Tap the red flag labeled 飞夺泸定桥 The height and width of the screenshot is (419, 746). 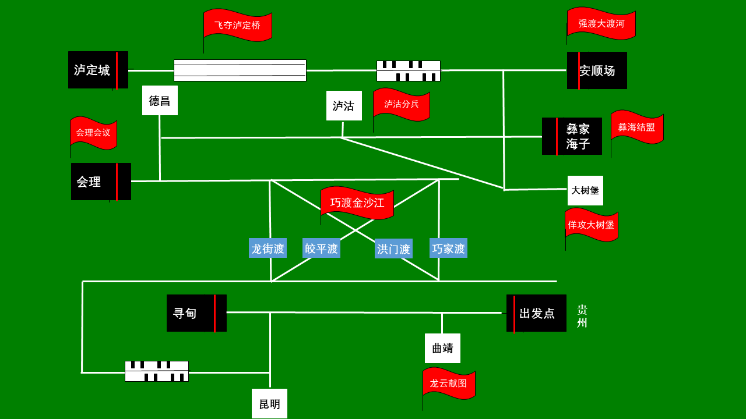(x=238, y=26)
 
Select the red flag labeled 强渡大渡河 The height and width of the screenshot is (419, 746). (x=601, y=24)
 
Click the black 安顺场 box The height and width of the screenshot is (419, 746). (x=597, y=70)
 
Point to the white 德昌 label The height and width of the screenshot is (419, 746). (x=160, y=101)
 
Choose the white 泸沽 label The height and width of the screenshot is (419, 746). (x=344, y=106)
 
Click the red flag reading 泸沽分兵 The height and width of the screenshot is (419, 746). (x=402, y=105)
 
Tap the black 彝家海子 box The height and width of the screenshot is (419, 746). (x=572, y=136)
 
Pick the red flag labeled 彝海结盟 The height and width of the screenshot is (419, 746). (x=637, y=127)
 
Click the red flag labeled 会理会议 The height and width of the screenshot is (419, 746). (x=93, y=133)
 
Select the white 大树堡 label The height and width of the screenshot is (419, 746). (x=585, y=190)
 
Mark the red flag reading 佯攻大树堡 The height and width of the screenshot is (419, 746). (x=592, y=225)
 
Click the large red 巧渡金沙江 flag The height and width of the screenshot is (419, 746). (x=357, y=203)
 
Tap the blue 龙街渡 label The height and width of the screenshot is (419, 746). (x=268, y=248)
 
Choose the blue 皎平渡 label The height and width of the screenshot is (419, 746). (x=321, y=248)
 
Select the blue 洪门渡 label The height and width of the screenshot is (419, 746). (x=393, y=248)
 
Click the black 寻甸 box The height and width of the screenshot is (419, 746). (x=196, y=313)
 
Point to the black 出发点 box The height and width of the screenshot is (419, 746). (x=536, y=313)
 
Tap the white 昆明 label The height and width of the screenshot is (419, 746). (x=269, y=404)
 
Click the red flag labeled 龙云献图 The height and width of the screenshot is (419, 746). (x=449, y=384)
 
